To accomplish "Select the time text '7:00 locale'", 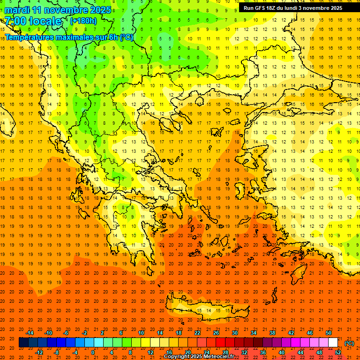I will tap(33, 21).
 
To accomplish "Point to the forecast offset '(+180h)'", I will tap(83, 21).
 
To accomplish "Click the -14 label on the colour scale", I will tap(30, 333).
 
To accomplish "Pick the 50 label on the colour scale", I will tap(329, 333).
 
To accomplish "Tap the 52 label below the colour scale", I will tap(338, 352).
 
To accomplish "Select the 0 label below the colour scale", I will tap(93, 352).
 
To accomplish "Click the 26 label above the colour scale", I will tap(216, 333).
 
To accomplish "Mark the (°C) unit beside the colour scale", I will tap(349, 343).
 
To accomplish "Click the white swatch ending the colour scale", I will tap(333, 343).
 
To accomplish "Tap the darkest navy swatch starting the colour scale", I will tap(23, 343).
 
